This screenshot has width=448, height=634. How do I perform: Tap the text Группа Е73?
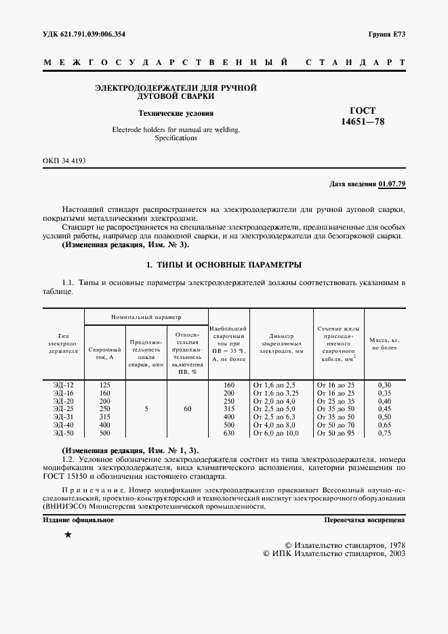click(x=386, y=34)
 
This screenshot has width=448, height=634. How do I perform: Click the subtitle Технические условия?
click(x=176, y=114)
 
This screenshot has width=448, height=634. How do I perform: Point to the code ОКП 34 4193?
click(x=64, y=161)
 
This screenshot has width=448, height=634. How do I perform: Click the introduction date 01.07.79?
click(x=392, y=184)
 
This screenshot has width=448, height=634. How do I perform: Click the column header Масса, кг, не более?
click(x=386, y=343)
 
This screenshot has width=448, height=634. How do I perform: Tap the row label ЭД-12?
click(x=63, y=385)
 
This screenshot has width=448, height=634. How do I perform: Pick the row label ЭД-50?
click(x=63, y=432)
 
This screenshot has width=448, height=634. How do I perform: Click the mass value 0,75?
click(x=385, y=432)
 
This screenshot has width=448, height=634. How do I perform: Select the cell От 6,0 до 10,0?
click(x=276, y=432)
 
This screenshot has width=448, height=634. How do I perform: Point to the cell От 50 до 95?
click(x=336, y=432)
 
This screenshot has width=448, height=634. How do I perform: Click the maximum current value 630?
click(x=228, y=432)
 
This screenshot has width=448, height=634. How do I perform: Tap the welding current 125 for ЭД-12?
click(x=104, y=385)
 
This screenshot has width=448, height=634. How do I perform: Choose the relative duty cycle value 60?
click(x=187, y=408)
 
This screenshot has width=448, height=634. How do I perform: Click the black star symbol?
click(x=67, y=535)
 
